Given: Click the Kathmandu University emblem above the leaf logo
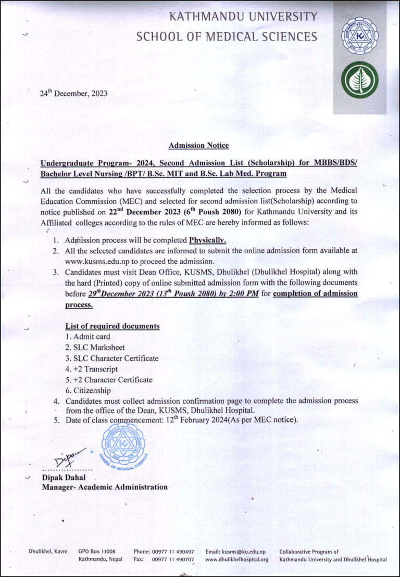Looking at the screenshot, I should click(x=359, y=36).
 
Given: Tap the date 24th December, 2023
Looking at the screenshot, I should click(x=73, y=94).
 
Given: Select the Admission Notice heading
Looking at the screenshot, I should click(x=198, y=146).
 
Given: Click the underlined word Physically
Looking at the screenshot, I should click(x=207, y=240).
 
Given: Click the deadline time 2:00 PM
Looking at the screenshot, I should click(x=244, y=294).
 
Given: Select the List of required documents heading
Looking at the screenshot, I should click(x=112, y=326).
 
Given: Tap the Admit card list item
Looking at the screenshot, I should click(x=87, y=337).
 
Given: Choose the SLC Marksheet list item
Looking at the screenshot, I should click(x=95, y=348).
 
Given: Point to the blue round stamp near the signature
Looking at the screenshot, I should click(x=123, y=445).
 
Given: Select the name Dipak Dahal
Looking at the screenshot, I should click(x=64, y=478).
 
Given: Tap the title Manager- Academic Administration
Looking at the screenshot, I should click(x=105, y=487).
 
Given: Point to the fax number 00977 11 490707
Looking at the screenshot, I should click(x=173, y=559).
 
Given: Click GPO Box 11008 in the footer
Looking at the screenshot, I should click(x=97, y=552).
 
